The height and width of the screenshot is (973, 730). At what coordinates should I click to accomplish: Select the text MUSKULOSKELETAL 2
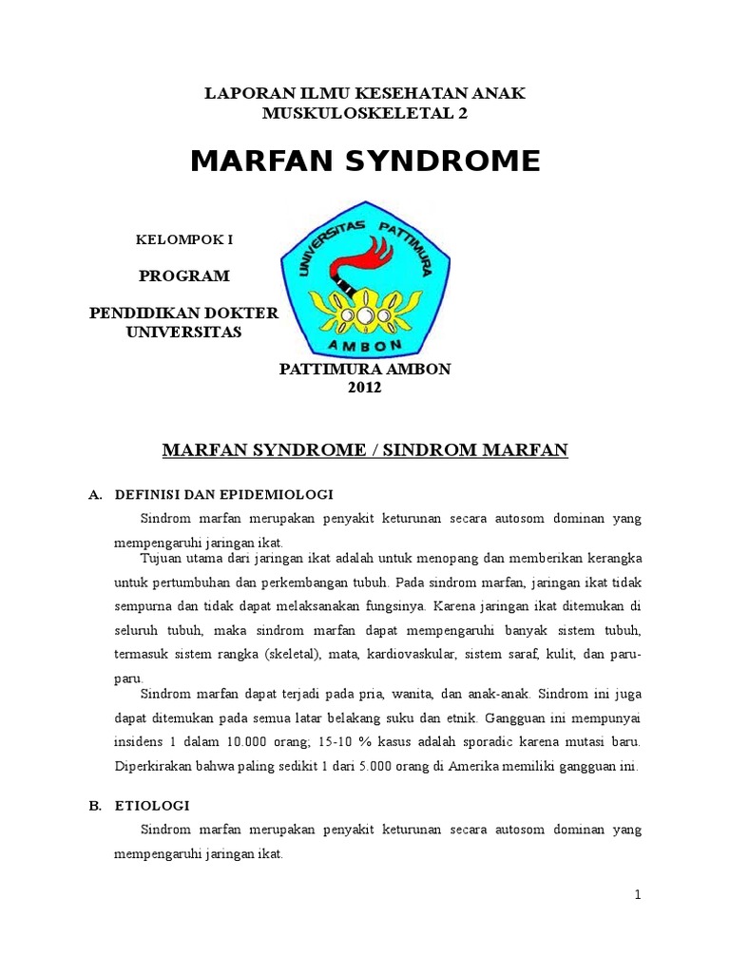tap(365, 114)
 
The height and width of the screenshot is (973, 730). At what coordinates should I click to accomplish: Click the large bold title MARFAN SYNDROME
tap(365, 162)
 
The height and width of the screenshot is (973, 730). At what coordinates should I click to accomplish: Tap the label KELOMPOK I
tap(185, 240)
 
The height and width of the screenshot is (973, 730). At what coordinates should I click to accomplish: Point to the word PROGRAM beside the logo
tap(184, 277)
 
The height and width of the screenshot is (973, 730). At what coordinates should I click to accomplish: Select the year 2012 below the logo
tap(364, 387)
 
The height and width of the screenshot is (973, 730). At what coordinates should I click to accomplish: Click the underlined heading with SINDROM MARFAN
tap(365, 448)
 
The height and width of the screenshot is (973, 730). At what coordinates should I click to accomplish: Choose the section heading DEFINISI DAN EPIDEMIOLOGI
tap(223, 495)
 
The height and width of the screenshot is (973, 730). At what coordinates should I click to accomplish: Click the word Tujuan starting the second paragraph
tap(163, 557)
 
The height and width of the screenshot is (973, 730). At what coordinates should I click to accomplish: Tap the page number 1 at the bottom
tap(639, 894)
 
